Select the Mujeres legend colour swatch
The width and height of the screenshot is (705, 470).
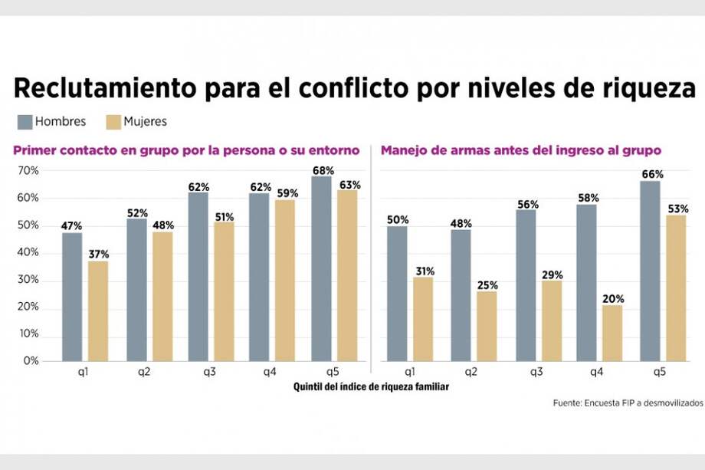(114, 122)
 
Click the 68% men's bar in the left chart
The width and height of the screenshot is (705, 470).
(322, 268)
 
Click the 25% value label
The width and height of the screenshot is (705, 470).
(487, 285)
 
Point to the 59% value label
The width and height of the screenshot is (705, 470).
(286, 193)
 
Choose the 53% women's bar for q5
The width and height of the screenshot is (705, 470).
(676, 288)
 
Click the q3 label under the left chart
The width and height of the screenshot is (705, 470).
(210, 372)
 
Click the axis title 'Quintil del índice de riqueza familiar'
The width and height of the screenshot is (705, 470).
(371, 387)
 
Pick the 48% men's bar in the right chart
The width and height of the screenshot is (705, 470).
(461, 295)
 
